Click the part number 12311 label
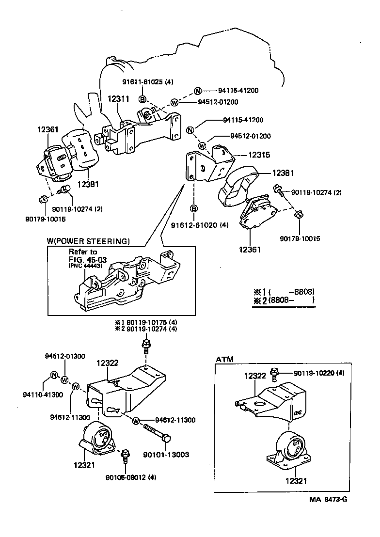118,99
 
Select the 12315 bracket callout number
259,155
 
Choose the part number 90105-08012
125,477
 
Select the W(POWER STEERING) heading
88,241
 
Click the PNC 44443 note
84,266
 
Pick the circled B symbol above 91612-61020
193,209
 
